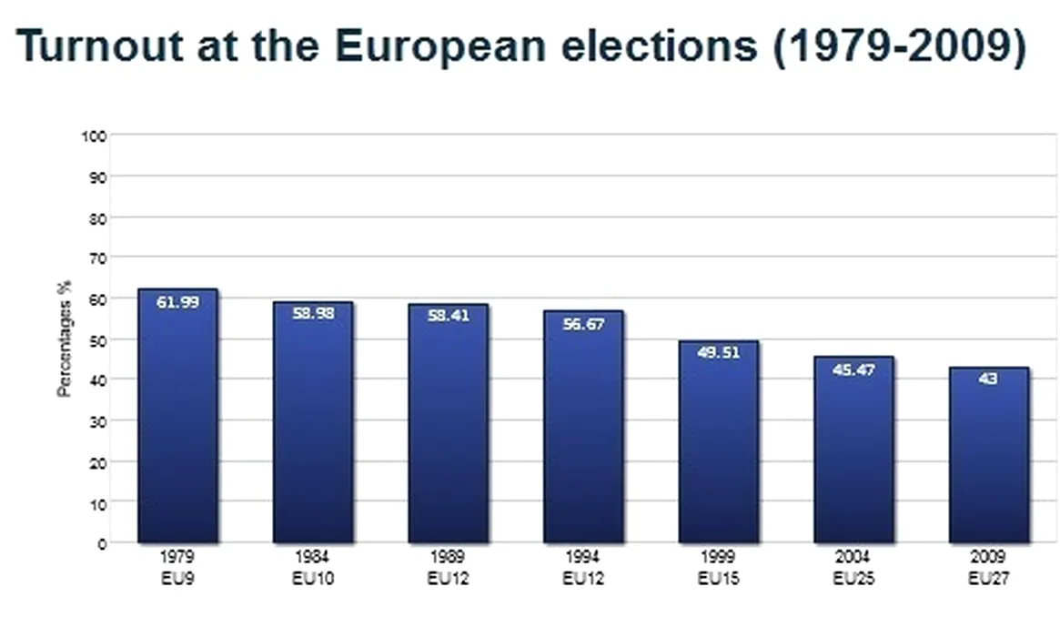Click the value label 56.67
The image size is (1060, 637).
coord(583,323)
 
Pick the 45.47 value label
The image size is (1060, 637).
coord(853,370)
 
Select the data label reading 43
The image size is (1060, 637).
coord(988,379)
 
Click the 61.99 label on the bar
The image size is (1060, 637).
coord(177,302)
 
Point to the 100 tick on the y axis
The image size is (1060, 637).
coord(96,136)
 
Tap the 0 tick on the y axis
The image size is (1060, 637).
coord(102,543)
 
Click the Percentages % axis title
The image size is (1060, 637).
coord(65,339)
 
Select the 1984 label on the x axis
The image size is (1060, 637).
coord(312,556)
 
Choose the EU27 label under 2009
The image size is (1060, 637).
coord(988,577)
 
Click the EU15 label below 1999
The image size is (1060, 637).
coord(718,577)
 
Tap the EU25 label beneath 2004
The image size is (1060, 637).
coord(853,577)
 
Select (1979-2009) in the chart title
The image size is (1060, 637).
coord(899,45)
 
